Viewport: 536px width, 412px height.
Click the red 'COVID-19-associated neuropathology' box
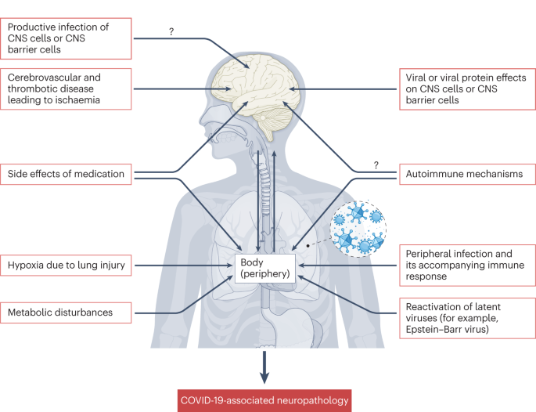(x=264, y=400)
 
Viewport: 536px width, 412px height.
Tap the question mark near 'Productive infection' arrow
(x=171, y=31)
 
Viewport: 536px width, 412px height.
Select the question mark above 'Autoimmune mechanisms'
(x=376, y=164)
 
